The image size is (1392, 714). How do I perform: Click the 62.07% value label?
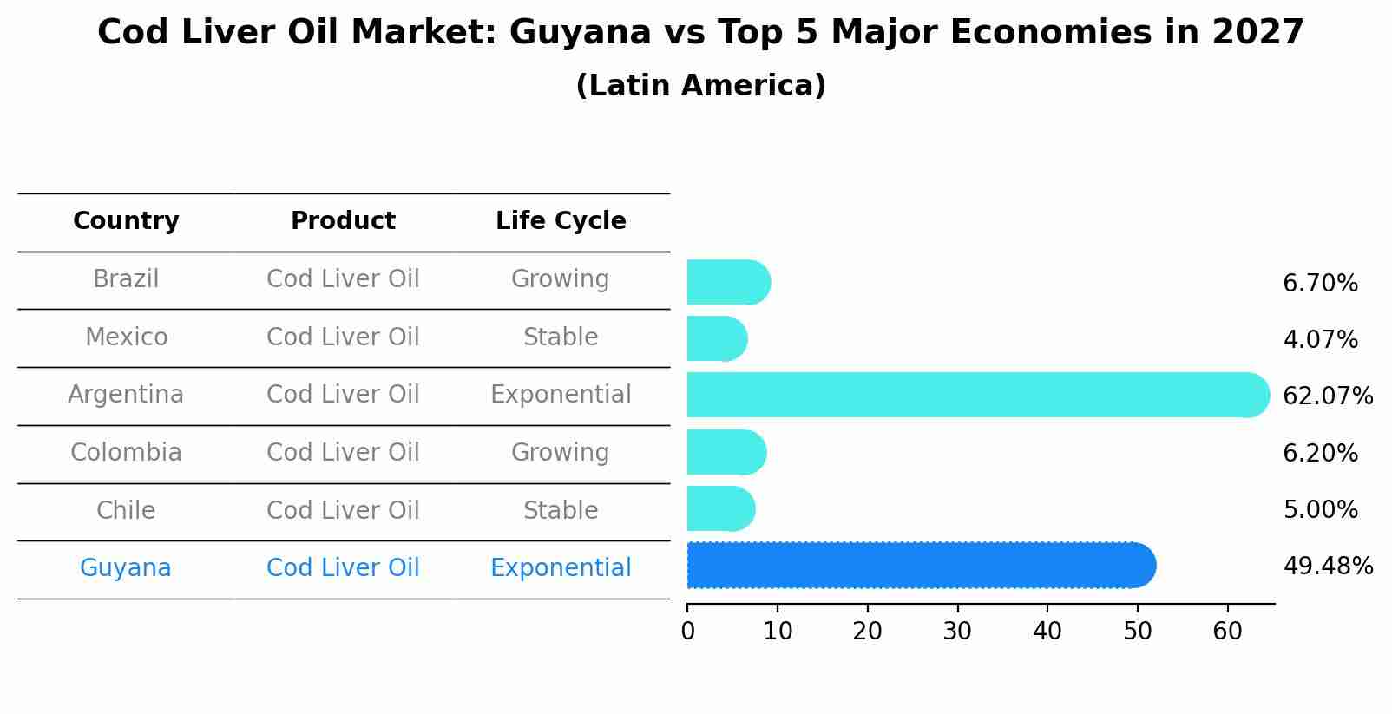point(1327,396)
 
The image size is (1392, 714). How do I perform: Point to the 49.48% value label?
point(1327,567)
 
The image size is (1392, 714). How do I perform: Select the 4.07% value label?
point(1320,340)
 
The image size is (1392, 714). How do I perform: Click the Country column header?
point(126,221)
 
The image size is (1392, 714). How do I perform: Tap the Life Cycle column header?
point(561,221)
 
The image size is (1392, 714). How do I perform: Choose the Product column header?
point(343,221)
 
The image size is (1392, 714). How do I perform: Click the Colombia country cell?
point(126,453)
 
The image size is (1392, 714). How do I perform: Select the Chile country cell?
point(126,510)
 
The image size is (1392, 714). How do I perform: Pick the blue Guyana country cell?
point(126,568)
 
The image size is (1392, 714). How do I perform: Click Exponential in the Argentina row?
point(561,395)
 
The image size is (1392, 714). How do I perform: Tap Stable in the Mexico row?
point(561,337)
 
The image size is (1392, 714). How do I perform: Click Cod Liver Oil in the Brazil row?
point(343,279)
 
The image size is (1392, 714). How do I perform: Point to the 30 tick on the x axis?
point(957,632)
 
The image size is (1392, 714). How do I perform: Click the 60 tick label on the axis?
point(1227,632)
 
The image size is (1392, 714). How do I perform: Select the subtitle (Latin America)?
point(700,86)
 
